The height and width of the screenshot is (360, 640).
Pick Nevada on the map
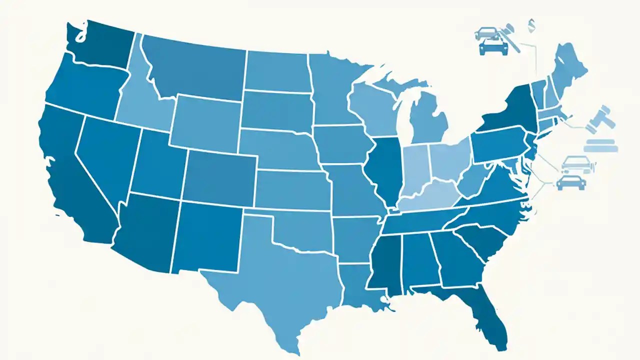tap(102, 150)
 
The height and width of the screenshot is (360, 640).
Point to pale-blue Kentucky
tap(425, 197)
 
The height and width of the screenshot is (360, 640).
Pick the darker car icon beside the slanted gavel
tap(493, 47)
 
